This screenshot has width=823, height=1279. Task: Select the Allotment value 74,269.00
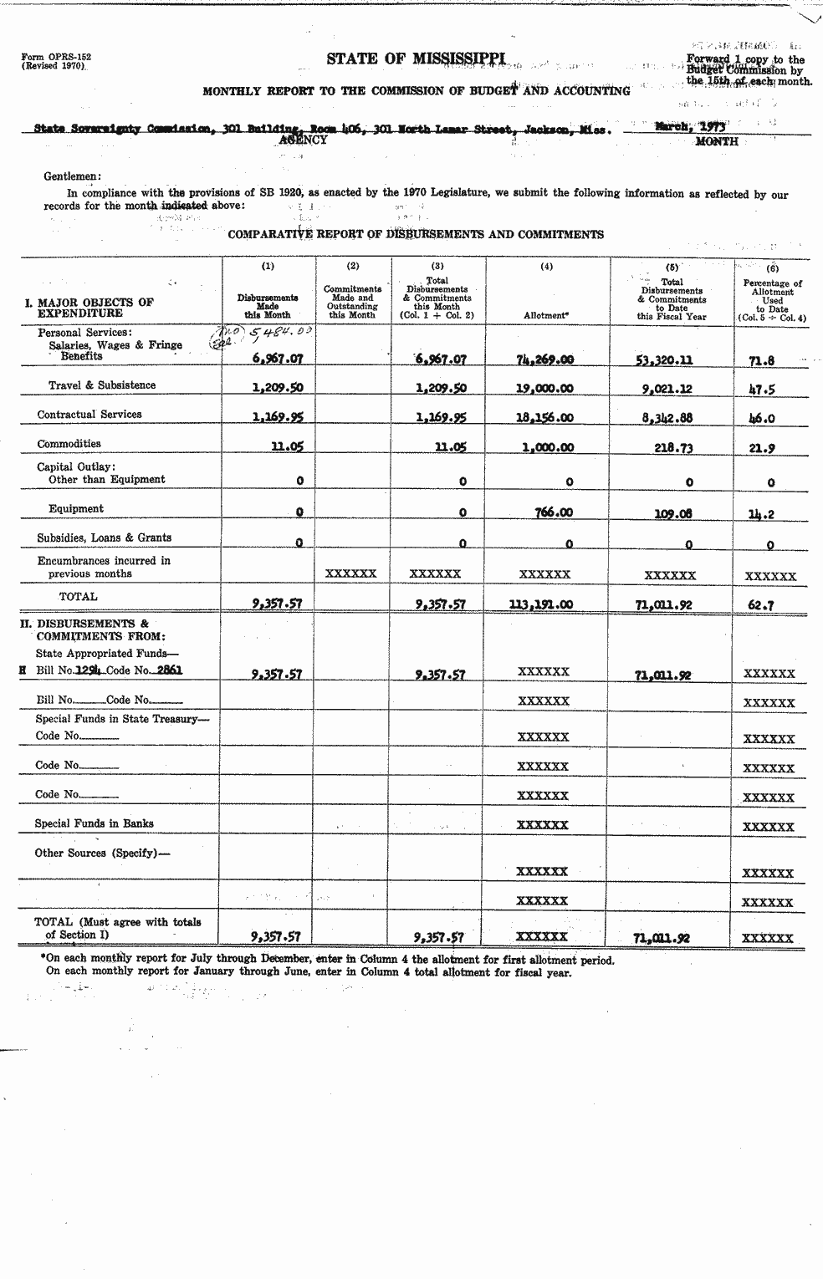click(x=545, y=360)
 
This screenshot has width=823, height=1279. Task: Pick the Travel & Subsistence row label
click(x=101, y=385)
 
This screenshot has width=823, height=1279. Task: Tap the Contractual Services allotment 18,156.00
click(x=545, y=418)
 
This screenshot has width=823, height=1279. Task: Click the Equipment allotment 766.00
click(x=552, y=512)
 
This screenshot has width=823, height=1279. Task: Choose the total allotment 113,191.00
click(x=541, y=604)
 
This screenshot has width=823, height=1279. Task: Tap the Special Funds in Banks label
click(x=94, y=823)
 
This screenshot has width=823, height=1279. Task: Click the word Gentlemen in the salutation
click(x=72, y=176)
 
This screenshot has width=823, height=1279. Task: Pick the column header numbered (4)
click(x=546, y=267)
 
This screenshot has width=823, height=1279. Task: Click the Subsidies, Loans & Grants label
click(x=105, y=538)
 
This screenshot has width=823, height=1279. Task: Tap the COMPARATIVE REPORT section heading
click(x=416, y=235)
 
